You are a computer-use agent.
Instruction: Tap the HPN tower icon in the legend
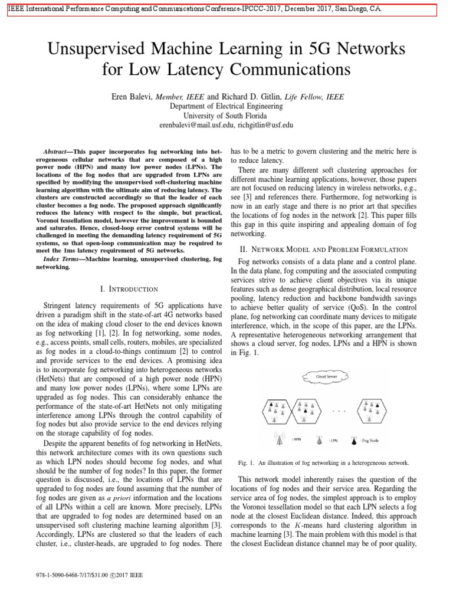278,439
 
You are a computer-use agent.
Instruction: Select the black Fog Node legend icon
354,440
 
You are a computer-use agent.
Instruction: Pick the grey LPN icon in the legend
319,440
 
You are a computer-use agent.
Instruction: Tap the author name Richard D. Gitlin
250,96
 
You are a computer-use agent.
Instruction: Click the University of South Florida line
226,116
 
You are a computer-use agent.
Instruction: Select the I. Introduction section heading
129,288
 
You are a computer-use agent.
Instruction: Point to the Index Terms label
62,259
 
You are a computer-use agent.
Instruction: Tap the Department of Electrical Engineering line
226,106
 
